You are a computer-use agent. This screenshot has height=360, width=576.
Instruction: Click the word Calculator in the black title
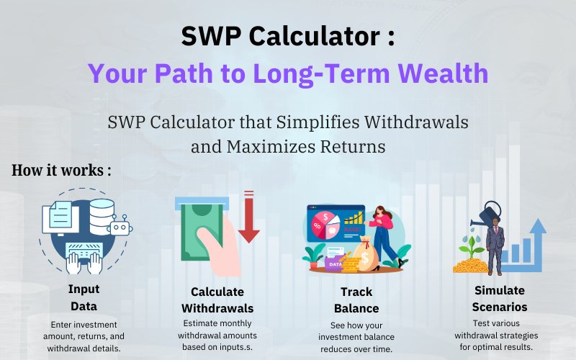(x=315, y=36)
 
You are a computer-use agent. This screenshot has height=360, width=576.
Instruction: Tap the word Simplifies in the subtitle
(x=318, y=123)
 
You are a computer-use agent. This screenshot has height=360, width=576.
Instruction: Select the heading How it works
(x=61, y=170)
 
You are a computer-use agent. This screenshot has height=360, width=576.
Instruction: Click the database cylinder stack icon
(x=102, y=216)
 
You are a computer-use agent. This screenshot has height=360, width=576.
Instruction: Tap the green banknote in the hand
(x=202, y=231)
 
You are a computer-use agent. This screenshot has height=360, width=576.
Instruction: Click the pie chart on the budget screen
(x=325, y=225)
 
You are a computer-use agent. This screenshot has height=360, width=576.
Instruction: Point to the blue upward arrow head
(x=538, y=226)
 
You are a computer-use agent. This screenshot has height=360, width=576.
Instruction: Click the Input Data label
(x=84, y=297)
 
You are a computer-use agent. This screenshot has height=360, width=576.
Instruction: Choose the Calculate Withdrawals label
(x=217, y=300)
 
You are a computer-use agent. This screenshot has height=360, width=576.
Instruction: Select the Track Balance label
(x=356, y=300)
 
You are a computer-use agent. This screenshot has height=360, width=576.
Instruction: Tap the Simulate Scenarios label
(x=500, y=298)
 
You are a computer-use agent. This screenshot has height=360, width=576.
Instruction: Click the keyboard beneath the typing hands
(x=84, y=251)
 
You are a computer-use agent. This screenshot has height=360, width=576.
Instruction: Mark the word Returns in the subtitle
(x=353, y=147)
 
